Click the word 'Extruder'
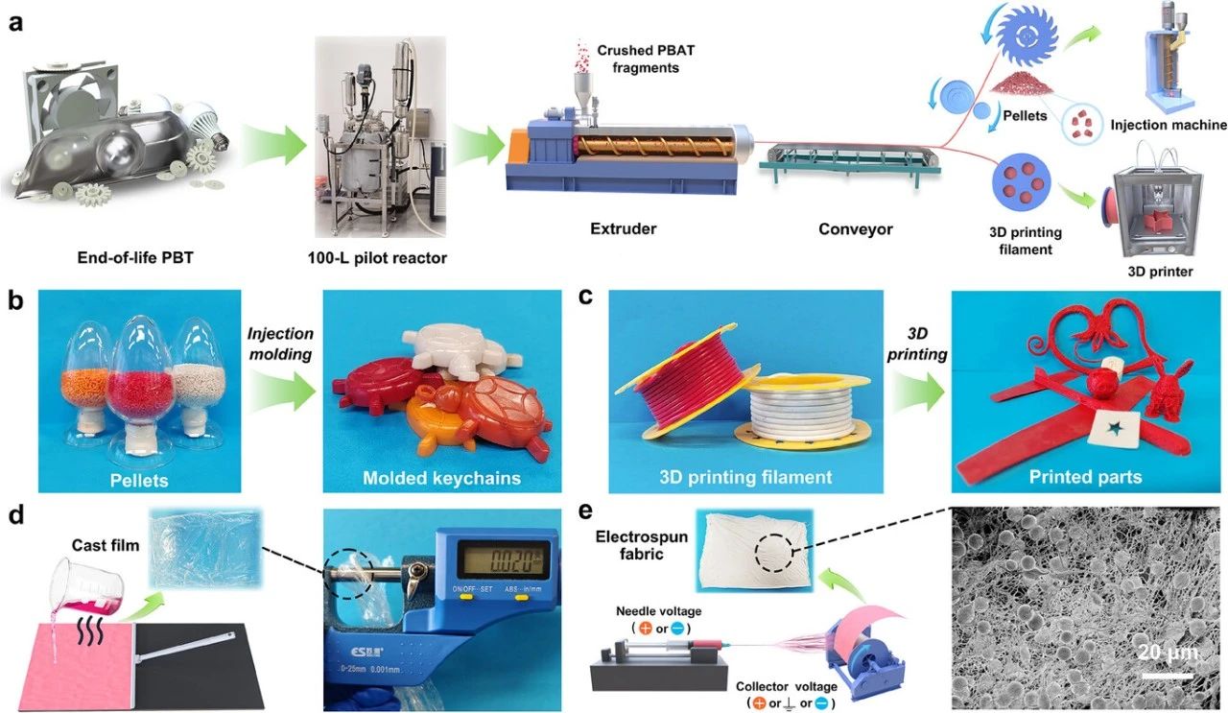coord(625,228)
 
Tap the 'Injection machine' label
coord(1168,125)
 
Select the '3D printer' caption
coord(1161,272)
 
